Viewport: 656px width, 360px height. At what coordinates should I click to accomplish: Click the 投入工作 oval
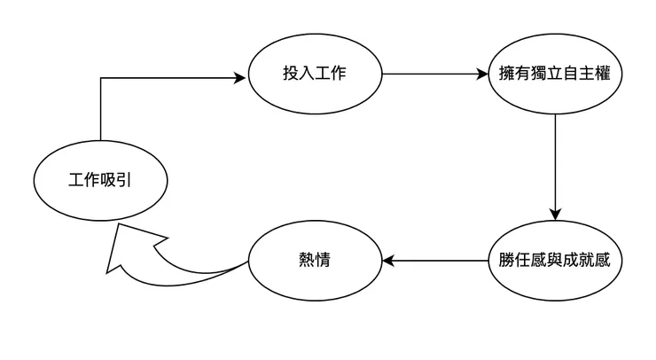pyautogui.click(x=315, y=74)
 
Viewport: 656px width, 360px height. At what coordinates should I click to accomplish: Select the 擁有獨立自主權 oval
pyautogui.click(x=555, y=74)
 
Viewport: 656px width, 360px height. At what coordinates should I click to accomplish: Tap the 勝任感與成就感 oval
pyautogui.click(x=555, y=262)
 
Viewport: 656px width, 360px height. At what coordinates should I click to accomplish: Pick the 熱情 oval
pyautogui.click(x=315, y=262)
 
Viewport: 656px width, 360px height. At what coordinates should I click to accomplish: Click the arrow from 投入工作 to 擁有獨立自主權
pyautogui.click(x=434, y=74)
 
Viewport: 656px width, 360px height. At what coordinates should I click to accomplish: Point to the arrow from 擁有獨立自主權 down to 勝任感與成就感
pyautogui.click(x=555, y=168)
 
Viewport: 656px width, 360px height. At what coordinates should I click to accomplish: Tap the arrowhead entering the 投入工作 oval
pyautogui.click(x=239, y=78)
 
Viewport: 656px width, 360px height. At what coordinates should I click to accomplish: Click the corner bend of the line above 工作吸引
pyautogui.click(x=101, y=78)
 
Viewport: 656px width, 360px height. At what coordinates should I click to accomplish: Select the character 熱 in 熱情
pyautogui.click(x=306, y=262)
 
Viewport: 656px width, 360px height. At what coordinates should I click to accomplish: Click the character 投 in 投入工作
pyautogui.click(x=291, y=74)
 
